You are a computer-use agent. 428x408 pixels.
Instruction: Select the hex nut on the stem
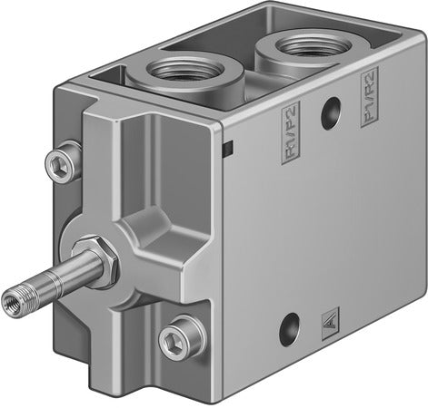click(92, 255)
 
